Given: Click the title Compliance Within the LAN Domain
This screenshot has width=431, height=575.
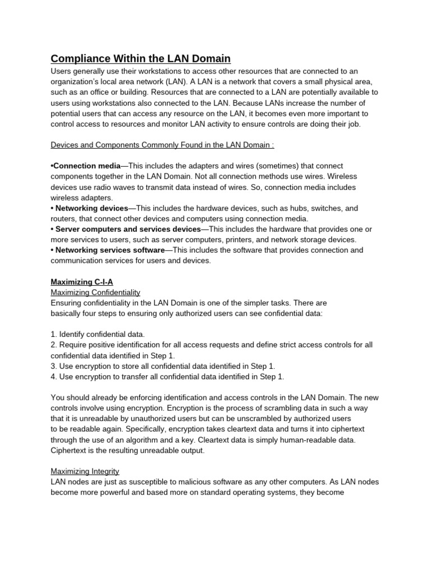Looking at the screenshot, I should click(x=140, y=58).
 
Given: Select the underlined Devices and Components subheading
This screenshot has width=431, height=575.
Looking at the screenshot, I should click(x=162, y=145).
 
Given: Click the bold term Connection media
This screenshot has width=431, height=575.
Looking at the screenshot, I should click(x=85, y=166).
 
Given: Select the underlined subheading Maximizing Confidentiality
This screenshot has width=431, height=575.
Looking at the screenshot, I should click(x=95, y=293).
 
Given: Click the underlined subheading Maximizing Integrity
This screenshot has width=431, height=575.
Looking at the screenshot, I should click(x=85, y=471).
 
